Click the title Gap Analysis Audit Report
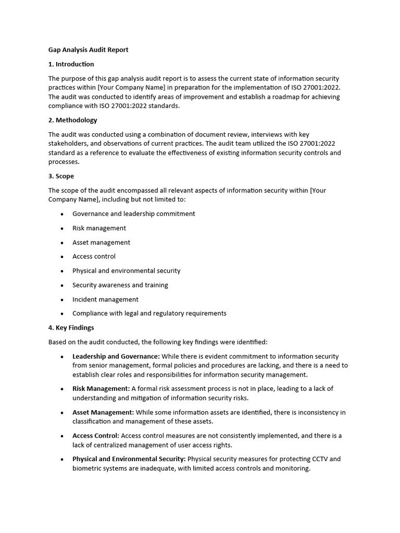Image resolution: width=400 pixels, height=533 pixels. pyautogui.click(x=88, y=50)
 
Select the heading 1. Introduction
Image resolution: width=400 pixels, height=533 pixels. pyautogui.click(x=71, y=64)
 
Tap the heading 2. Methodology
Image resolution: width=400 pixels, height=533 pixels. pyautogui.click(x=73, y=120)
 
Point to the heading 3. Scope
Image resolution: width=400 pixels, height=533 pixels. pyautogui.click(x=61, y=176)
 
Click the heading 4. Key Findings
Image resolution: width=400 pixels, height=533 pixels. pyautogui.click(x=71, y=328)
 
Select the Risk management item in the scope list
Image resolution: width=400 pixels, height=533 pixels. pyautogui.click(x=99, y=228)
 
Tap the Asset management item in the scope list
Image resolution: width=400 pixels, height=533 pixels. pyautogui.click(x=101, y=243)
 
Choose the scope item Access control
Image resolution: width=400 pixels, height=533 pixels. pyautogui.click(x=94, y=257)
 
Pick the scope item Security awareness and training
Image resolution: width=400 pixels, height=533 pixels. pyautogui.click(x=120, y=285)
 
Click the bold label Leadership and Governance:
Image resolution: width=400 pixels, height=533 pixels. pyautogui.click(x=116, y=357)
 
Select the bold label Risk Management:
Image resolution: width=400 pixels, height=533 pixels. pyautogui.click(x=101, y=389)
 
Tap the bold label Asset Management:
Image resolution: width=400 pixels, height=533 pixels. pyautogui.click(x=103, y=412)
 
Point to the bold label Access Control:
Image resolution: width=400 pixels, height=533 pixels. pyautogui.click(x=96, y=436)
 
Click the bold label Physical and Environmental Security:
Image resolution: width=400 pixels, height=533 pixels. pyautogui.click(x=129, y=459)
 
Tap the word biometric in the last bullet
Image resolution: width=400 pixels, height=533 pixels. pyautogui.click(x=88, y=468)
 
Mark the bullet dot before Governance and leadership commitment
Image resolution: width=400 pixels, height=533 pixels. pyautogui.click(x=62, y=214)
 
